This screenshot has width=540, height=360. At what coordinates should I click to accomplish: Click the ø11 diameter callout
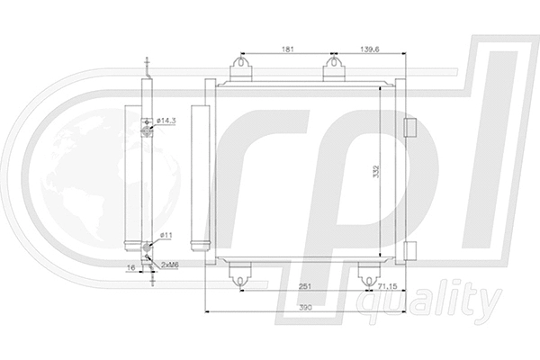(x=166, y=235)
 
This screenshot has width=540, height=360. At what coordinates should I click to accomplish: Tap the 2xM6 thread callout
(x=169, y=265)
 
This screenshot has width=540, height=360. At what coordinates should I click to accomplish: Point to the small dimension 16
(x=131, y=267)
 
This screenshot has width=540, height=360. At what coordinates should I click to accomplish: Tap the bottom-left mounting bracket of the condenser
(x=238, y=274)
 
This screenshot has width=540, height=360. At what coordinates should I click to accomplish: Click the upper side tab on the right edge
(x=410, y=127)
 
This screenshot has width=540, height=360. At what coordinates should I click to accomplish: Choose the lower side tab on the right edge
(x=410, y=248)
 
